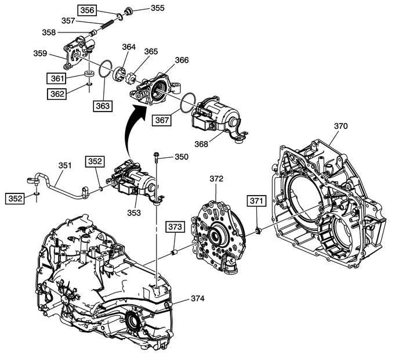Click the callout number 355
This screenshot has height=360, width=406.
157,8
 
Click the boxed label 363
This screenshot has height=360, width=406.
103,106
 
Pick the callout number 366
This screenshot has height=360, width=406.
182,60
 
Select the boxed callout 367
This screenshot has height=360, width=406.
162,120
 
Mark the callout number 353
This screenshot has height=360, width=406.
134,213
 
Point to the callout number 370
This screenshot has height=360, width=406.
342,125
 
